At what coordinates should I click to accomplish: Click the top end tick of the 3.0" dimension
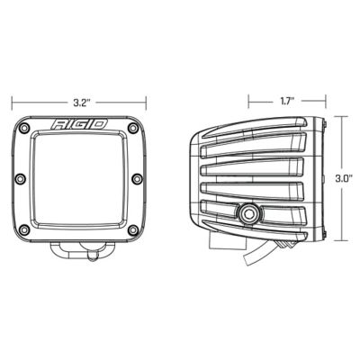[x=343, y=115]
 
